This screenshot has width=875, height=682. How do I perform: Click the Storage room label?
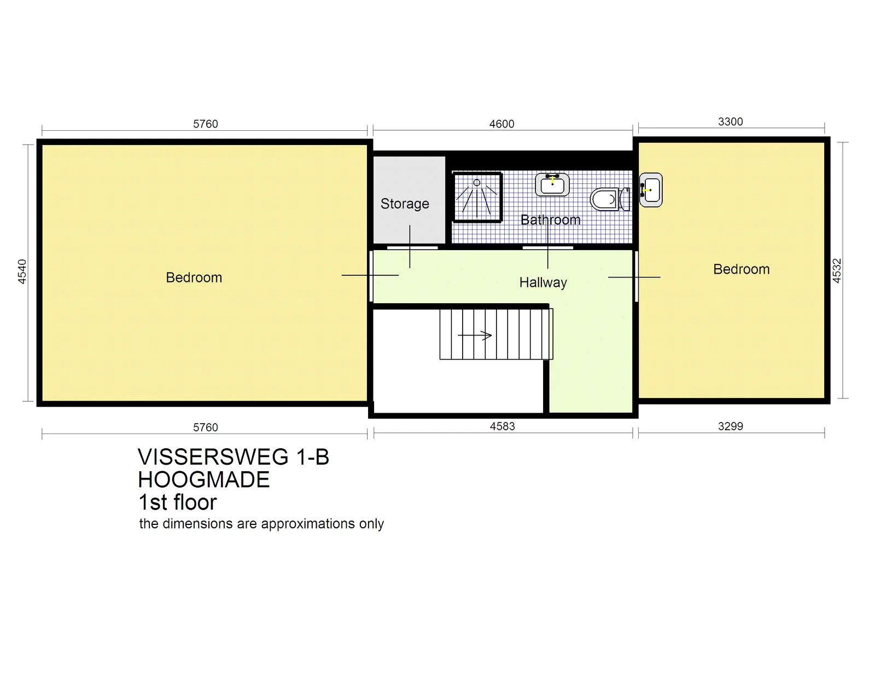tap(405, 204)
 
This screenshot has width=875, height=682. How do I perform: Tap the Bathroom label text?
tap(550, 220)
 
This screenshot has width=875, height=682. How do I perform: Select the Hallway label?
tap(543, 282)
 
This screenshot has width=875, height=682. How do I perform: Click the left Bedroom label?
tap(194, 278)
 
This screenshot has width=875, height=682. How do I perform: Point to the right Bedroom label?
tap(741, 269)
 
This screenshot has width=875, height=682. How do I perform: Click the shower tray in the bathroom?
tap(477, 197)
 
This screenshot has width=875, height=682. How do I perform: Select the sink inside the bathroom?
tap(552, 184)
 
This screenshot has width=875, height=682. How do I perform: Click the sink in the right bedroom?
tap(651, 190)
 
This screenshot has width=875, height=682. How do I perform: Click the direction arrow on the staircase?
tap(475, 336)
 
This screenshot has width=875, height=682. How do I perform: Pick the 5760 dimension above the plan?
tap(206, 124)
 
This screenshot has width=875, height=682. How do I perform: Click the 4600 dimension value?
tap(501, 124)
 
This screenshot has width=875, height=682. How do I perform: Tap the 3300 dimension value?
tap(730, 122)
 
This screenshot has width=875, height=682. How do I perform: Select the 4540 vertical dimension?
tap(22, 271)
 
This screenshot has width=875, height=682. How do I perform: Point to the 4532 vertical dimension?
tap(837, 270)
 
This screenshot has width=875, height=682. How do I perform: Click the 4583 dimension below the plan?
tap(502, 426)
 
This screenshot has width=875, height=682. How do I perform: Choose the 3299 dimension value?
tap(730, 426)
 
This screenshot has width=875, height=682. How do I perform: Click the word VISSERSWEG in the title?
tap(213, 457)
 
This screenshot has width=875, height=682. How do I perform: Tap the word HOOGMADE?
tap(203, 480)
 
